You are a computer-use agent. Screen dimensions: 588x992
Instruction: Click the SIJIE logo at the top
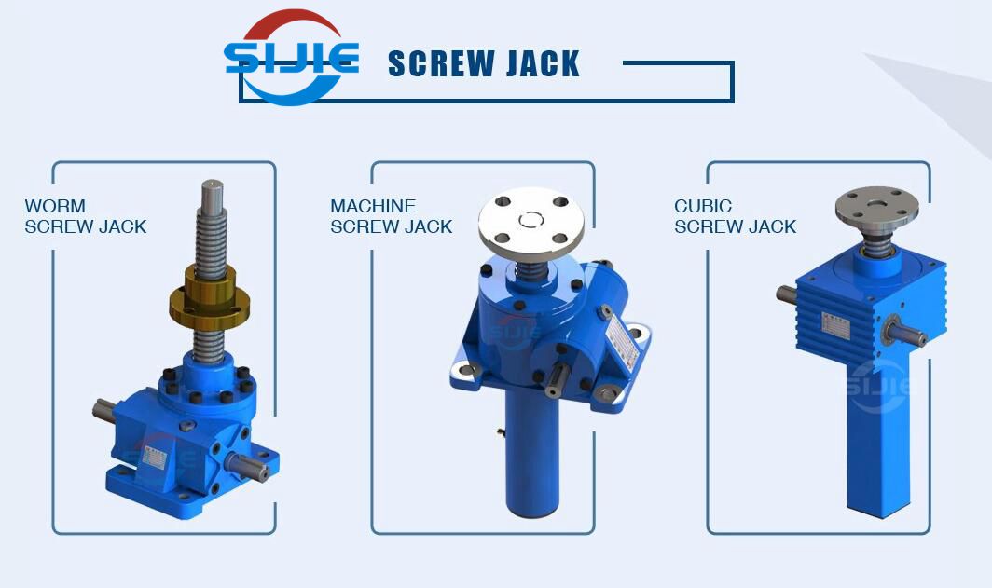pyautogui.click(x=291, y=58)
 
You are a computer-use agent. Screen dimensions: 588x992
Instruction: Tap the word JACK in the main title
pyautogui.click(x=542, y=63)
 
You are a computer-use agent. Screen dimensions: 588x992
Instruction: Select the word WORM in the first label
pyautogui.click(x=55, y=206)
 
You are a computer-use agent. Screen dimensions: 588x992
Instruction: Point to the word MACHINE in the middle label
pyautogui.click(x=373, y=206)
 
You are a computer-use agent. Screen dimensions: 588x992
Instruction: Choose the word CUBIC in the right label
pyautogui.click(x=703, y=206)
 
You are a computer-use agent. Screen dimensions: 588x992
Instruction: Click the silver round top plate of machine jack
pyautogui.click(x=532, y=220)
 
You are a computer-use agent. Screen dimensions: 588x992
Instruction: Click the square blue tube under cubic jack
pyautogui.click(x=876, y=438)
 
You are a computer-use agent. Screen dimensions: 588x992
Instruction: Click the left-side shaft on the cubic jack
pyautogui.click(x=786, y=294)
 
